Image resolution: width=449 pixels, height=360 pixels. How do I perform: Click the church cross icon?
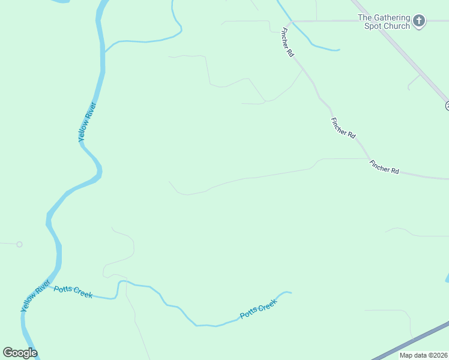419,22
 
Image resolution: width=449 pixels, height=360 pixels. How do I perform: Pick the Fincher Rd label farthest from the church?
384,167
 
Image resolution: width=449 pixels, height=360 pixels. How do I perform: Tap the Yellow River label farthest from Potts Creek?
88,122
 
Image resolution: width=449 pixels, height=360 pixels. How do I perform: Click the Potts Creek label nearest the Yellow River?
73,292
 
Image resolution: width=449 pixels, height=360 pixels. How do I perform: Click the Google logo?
20,353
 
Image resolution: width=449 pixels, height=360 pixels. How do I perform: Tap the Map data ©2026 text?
423,355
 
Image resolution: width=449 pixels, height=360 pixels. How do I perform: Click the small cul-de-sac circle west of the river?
19,244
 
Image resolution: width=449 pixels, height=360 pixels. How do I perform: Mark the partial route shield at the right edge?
447,106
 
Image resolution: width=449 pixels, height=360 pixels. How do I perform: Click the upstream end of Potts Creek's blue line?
290,293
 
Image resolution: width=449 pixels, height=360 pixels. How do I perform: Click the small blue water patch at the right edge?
447,278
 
